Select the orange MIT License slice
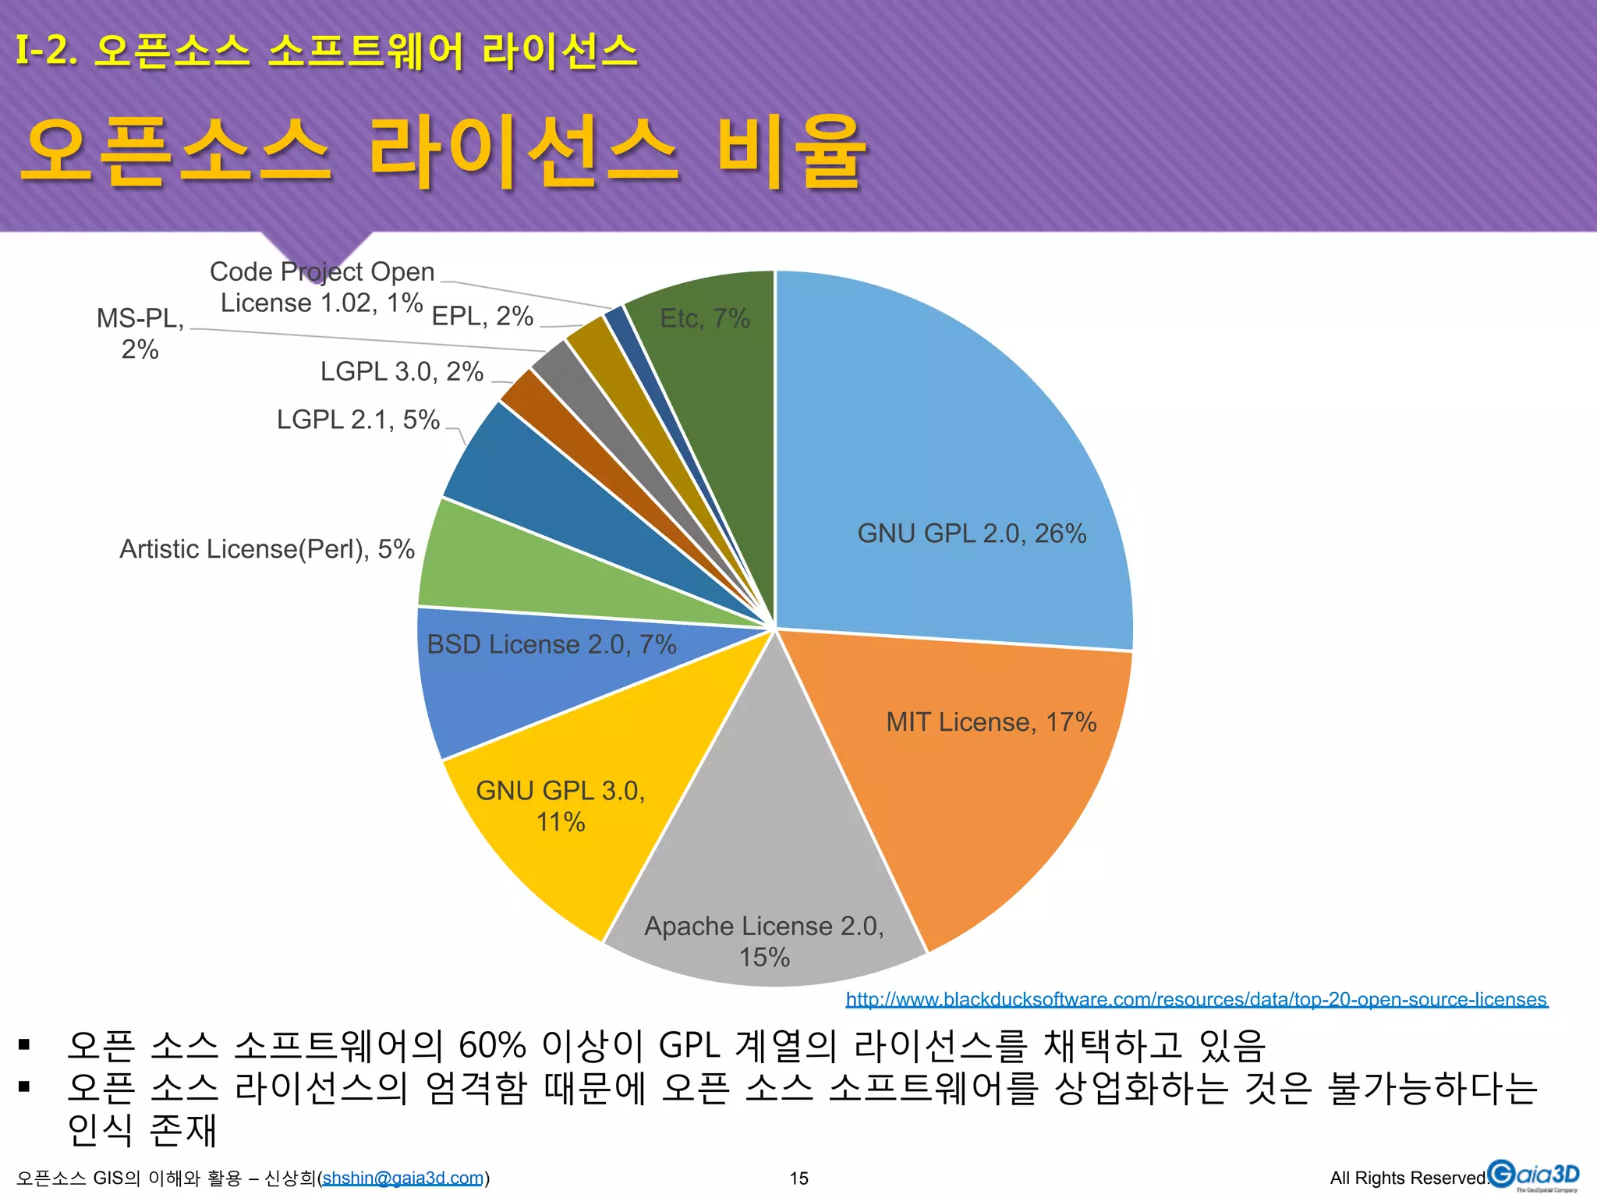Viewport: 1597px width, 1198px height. click(x=975, y=780)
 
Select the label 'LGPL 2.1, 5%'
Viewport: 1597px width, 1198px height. click(x=358, y=420)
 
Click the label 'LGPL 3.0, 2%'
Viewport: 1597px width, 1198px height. click(x=402, y=371)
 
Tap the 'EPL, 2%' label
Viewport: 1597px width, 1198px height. click(x=482, y=316)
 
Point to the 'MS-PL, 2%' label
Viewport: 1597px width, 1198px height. click(x=140, y=334)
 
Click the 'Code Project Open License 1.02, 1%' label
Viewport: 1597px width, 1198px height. click(x=322, y=287)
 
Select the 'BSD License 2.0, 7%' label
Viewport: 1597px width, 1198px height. click(x=551, y=644)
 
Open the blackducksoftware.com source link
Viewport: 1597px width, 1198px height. click(x=1196, y=999)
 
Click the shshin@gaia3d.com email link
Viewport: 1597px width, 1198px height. click(x=403, y=1178)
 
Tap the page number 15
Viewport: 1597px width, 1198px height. click(x=798, y=1178)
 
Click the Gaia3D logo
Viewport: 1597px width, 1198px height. click(x=1533, y=1175)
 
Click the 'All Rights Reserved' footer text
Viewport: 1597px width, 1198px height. click(x=1408, y=1178)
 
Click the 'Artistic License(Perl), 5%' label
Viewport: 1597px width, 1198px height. click(x=267, y=549)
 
